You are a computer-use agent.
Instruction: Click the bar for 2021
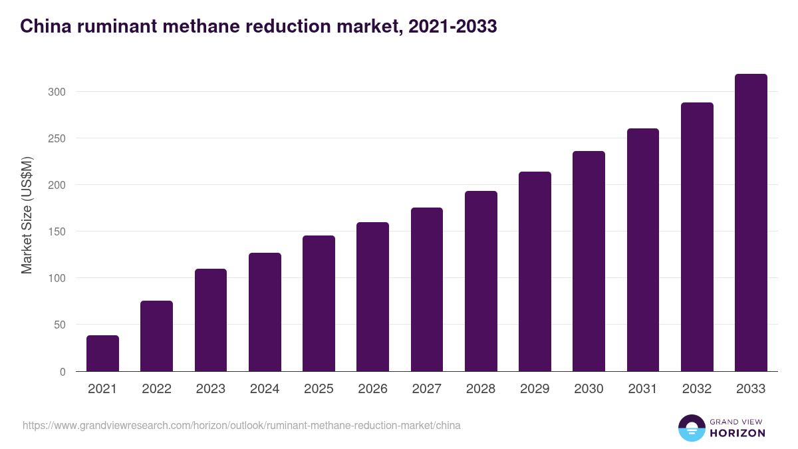click(102, 353)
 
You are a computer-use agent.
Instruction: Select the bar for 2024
click(265, 312)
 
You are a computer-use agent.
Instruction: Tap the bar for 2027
click(427, 289)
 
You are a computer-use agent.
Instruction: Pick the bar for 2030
click(589, 261)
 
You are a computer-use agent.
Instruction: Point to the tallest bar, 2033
click(751, 223)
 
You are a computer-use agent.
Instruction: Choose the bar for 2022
click(156, 336)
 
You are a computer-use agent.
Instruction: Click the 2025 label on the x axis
click(319, 389)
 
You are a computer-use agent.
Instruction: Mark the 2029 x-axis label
click(535, 389)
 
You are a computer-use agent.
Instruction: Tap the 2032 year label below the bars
click(697, 389)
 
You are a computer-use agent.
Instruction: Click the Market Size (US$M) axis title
click(27, 215)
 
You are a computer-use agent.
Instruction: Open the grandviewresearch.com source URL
click(241, 425)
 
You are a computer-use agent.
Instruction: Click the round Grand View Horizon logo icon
click(691, 428)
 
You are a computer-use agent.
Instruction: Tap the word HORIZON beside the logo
click(738, 433)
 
